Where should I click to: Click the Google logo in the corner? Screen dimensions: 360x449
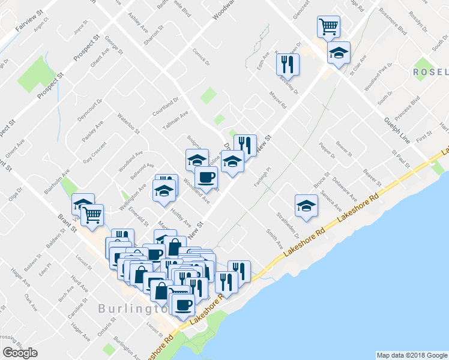click(x=20, y=353)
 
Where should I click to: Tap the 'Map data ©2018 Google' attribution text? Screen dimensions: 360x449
click(x=411, y=355)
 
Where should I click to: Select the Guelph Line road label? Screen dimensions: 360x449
click(x=397, y=125)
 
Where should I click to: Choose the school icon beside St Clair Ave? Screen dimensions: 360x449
click(x=339, y=52)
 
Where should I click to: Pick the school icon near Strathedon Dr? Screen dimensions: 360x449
click(x=306, y=205)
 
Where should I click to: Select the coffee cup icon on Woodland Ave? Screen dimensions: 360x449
click(x=206, y=177)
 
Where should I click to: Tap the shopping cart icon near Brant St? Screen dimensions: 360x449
click(x=92, y=215)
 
